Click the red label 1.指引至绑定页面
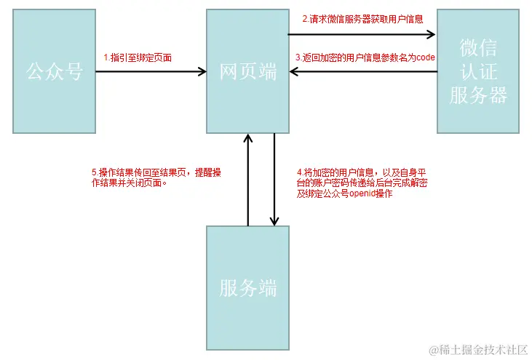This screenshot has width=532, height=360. tap(138, 57)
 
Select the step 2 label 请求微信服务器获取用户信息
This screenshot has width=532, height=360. tap(362, 20)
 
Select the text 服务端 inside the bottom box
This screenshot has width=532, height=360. tap(247, 288)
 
